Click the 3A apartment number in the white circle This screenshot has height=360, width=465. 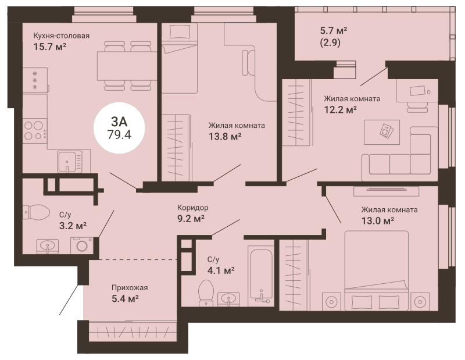point(119,122)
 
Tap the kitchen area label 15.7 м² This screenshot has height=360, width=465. point(49,47)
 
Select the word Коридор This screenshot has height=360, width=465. point(192,208)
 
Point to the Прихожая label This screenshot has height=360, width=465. point(130,287)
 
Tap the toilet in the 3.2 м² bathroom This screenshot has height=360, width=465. point(36,212)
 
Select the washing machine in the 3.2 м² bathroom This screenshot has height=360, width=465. point(81,245)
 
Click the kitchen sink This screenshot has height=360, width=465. point(70,161)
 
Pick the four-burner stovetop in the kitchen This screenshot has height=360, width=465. point(35,131)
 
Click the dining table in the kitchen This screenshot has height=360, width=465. point(127,66)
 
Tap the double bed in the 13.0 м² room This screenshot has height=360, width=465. point(376,270)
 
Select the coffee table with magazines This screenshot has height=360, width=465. point(382,132)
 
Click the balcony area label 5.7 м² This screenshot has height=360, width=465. point(334,31)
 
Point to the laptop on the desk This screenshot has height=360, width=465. point(417,90)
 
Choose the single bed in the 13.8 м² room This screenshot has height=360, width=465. point(180,59)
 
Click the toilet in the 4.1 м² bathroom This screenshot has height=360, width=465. point(206,293)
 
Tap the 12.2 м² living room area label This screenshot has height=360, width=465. point(340,110)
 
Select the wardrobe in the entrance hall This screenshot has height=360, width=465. point(128,330)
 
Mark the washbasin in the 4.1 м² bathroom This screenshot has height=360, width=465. point(228,298)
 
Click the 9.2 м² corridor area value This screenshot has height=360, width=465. point(191,219)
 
